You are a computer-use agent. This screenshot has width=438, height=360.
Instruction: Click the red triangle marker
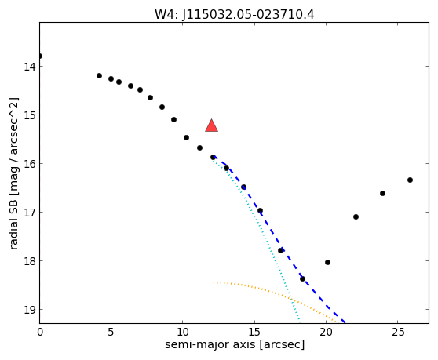click(211, 125)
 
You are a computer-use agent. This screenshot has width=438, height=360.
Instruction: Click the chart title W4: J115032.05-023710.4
click(235, 15)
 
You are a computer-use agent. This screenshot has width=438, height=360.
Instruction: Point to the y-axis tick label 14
click(29, 67)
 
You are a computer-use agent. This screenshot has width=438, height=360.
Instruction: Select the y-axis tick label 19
click(29, 310)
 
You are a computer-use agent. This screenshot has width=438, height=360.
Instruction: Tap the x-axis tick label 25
click(397, 332)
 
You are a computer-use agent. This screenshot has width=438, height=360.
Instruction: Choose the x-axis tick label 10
click(182, 332)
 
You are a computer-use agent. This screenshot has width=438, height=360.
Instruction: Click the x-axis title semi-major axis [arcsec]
click(235, 344)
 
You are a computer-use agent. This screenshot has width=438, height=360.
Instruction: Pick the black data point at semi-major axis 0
click(40, 56)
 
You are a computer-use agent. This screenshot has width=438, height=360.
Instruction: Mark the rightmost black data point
click(410, 180)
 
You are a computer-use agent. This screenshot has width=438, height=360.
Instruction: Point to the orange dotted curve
click(276, 293)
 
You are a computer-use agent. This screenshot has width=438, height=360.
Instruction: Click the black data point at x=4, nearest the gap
click(99, 75)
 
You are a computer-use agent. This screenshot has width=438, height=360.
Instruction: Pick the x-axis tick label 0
click(40, 332)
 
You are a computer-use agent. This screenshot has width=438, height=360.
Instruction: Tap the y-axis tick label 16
click(29, 164)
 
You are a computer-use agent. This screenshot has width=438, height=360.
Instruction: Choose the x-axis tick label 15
click(254, 332)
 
